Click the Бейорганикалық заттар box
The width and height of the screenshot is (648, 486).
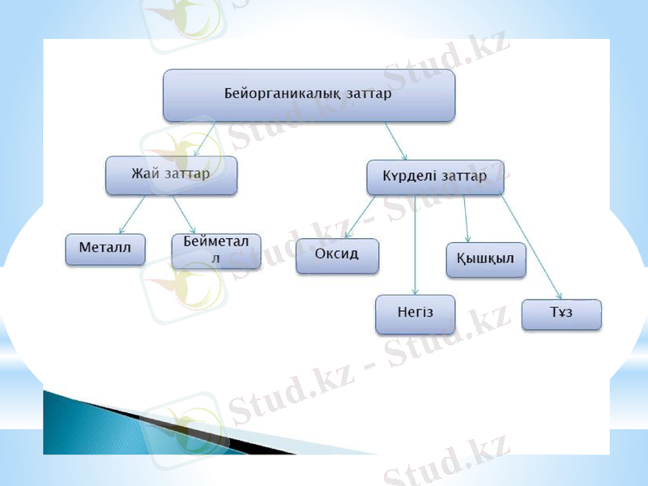click(x=309, y=95)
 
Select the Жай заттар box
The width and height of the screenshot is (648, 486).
click(x=171, y=175)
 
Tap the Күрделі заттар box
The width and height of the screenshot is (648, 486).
click(x=435, y=177)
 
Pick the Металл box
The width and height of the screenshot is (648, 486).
click(x=105, y=249)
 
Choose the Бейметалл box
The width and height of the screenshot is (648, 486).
click(x=216, y=250)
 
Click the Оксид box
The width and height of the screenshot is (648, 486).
click(x=337, y=255)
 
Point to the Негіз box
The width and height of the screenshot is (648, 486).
click(x=415, y=314)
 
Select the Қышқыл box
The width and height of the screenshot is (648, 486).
click(x=485, y=259)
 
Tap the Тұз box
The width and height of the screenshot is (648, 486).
click(x=561, y=314)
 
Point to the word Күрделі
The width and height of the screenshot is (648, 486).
click(x=409, y=176)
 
